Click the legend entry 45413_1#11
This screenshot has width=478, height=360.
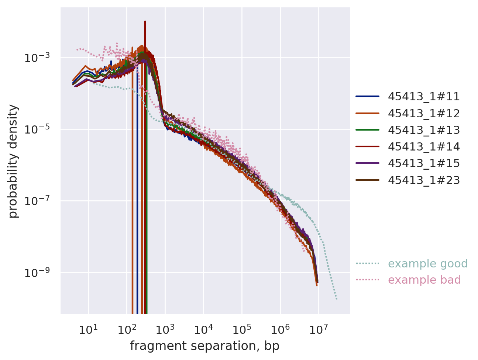point(424,97)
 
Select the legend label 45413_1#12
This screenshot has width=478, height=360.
point(424,113)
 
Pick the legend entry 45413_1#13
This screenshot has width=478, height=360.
point(424,130)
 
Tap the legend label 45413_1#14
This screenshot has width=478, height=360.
point(424,147)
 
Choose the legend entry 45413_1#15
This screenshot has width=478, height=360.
point(424,163)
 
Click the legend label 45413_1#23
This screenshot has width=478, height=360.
point(424,180)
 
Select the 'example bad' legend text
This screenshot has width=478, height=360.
point(424,280)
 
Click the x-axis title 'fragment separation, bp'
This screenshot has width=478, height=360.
point(205,346)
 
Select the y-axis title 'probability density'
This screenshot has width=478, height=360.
point(13,161)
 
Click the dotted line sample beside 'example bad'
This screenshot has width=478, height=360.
point(367,280)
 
